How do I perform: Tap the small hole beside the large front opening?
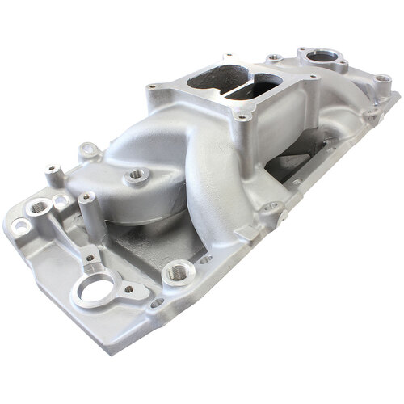128,288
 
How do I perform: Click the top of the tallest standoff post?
86,196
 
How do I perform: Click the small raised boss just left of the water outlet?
275,57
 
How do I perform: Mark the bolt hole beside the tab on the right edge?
273,207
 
